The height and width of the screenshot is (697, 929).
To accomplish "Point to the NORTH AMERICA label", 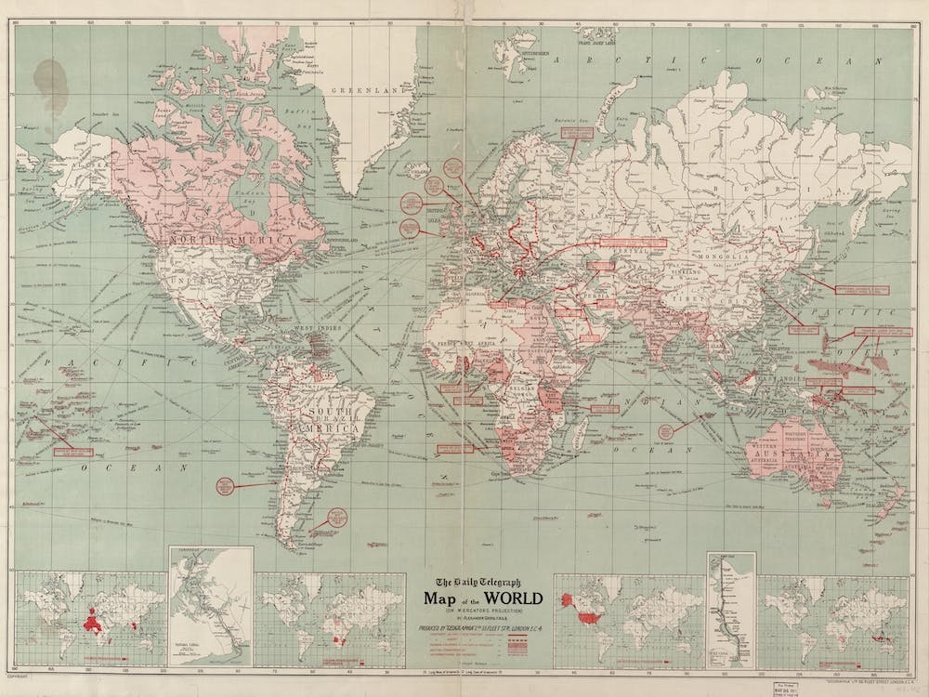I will [x=228, y=240].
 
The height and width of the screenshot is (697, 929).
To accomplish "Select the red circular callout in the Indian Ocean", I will [x=665, y=431].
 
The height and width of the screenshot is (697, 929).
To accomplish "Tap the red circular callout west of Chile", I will [x=223, y=485].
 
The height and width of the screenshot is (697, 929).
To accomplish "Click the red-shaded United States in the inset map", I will [x=585, y=615].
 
